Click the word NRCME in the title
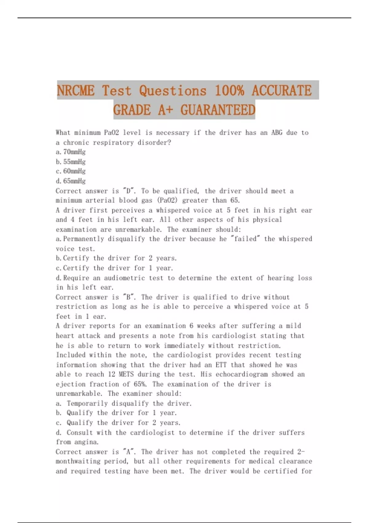[76, 91]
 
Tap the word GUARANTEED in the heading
[218, 110]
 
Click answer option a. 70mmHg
[71, 152]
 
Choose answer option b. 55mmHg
[71, 162]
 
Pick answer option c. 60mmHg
[71, 171]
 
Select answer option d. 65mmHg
[71, 181]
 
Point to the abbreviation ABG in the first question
[277, 133]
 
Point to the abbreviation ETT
[221, 365]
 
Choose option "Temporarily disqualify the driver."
[129, 403]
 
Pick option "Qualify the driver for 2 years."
[123, 423]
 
